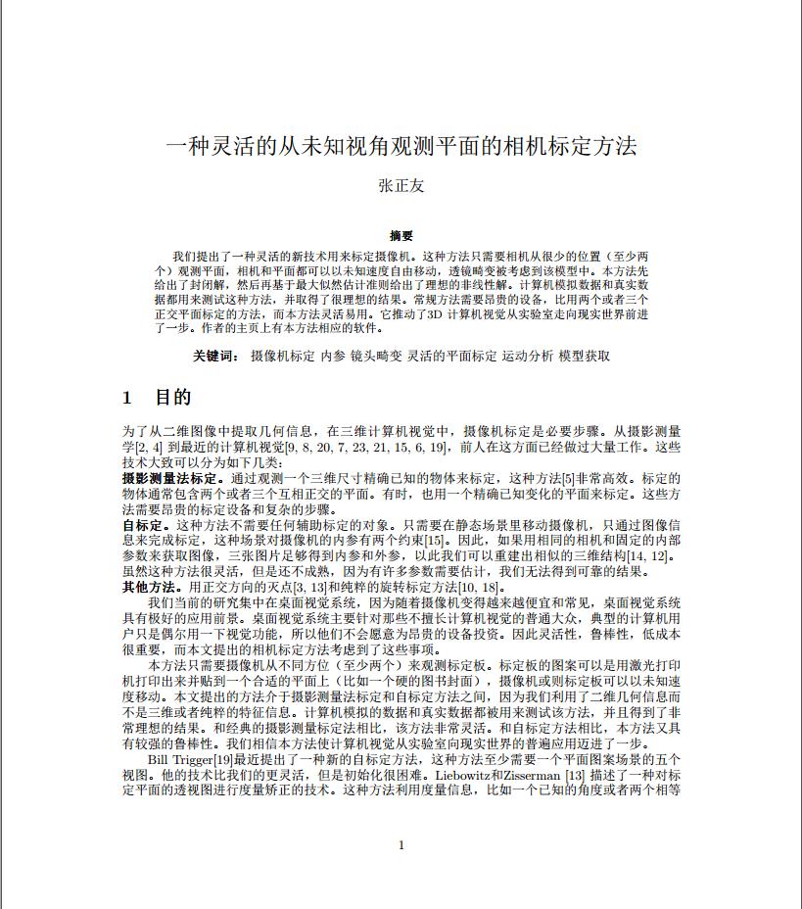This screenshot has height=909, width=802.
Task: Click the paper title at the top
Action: (x=401, y=147)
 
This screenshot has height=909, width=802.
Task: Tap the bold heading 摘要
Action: (x=401, y=236)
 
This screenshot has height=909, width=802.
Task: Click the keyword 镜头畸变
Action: (x=376, y=357)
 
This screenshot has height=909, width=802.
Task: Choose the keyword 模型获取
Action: (x=584, y=357)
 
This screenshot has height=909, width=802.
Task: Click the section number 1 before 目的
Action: (x=127, y=398)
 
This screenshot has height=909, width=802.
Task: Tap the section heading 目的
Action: (x=172, y=398)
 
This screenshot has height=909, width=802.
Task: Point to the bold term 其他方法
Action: (x=147, y=588)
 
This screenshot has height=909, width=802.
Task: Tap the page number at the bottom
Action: (x=401, y=845)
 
